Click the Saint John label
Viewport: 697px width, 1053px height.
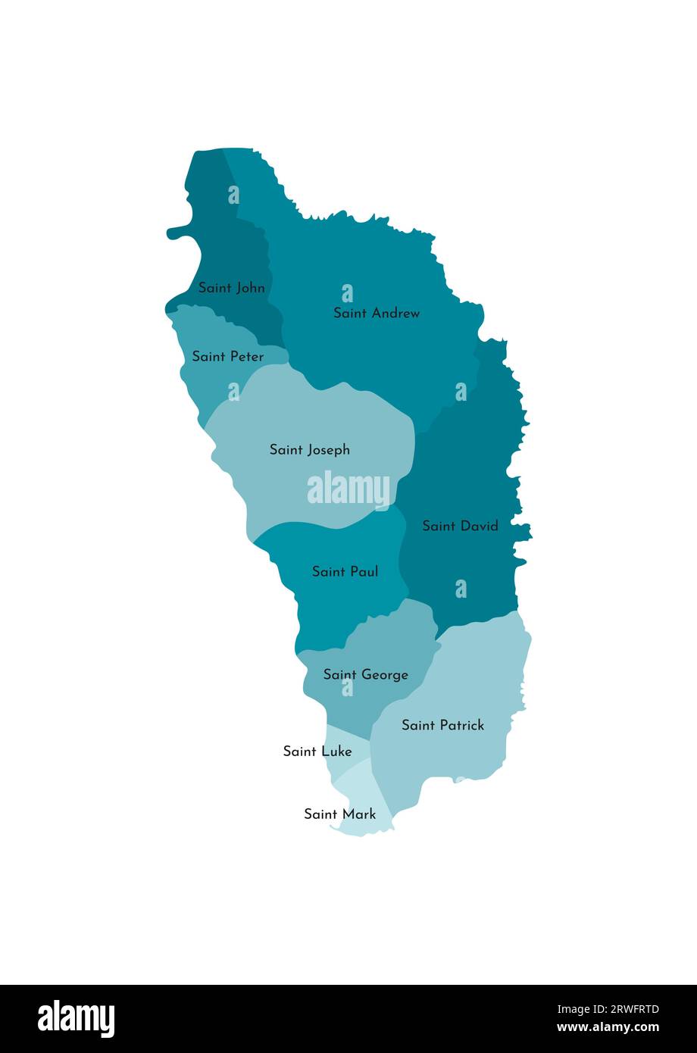click(x=232, y=288)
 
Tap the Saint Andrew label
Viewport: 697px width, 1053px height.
click(x=377, y=313)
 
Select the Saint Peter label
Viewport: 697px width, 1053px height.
click(x=228, y=356)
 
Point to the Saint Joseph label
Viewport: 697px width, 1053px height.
click(x=310, y=450)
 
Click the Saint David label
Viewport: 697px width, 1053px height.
click(x=460, y=526)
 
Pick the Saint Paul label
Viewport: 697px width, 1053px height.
click(x=345, y=572)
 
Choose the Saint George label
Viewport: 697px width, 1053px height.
click(x=365, y=674)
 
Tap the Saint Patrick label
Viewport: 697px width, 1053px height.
click(x=442, y=725)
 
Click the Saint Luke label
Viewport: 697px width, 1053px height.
click(x=317, y=751)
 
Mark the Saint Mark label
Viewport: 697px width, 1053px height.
click(x=339, y=814)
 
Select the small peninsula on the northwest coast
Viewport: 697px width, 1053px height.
click(x=179, y=232)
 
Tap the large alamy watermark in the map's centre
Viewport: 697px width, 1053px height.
click(x=348, y=490)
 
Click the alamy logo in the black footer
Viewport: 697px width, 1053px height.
click(x=77, y=1018)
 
